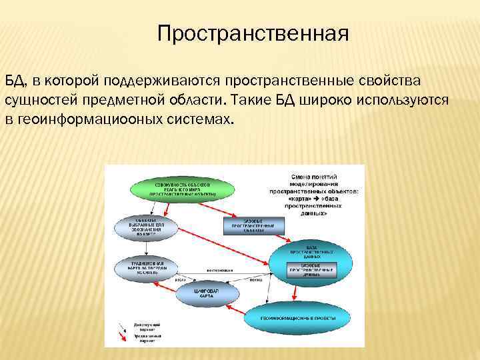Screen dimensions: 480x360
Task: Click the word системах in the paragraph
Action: [x=198, y=121]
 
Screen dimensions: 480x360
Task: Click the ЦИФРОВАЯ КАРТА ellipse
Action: [x=198, y=293]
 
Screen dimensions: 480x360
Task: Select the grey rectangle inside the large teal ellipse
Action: [x=311, y=269]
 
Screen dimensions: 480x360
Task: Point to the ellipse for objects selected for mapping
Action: [x=146, y=227]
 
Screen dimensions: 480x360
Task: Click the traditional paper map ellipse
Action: [x=146, y=267]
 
